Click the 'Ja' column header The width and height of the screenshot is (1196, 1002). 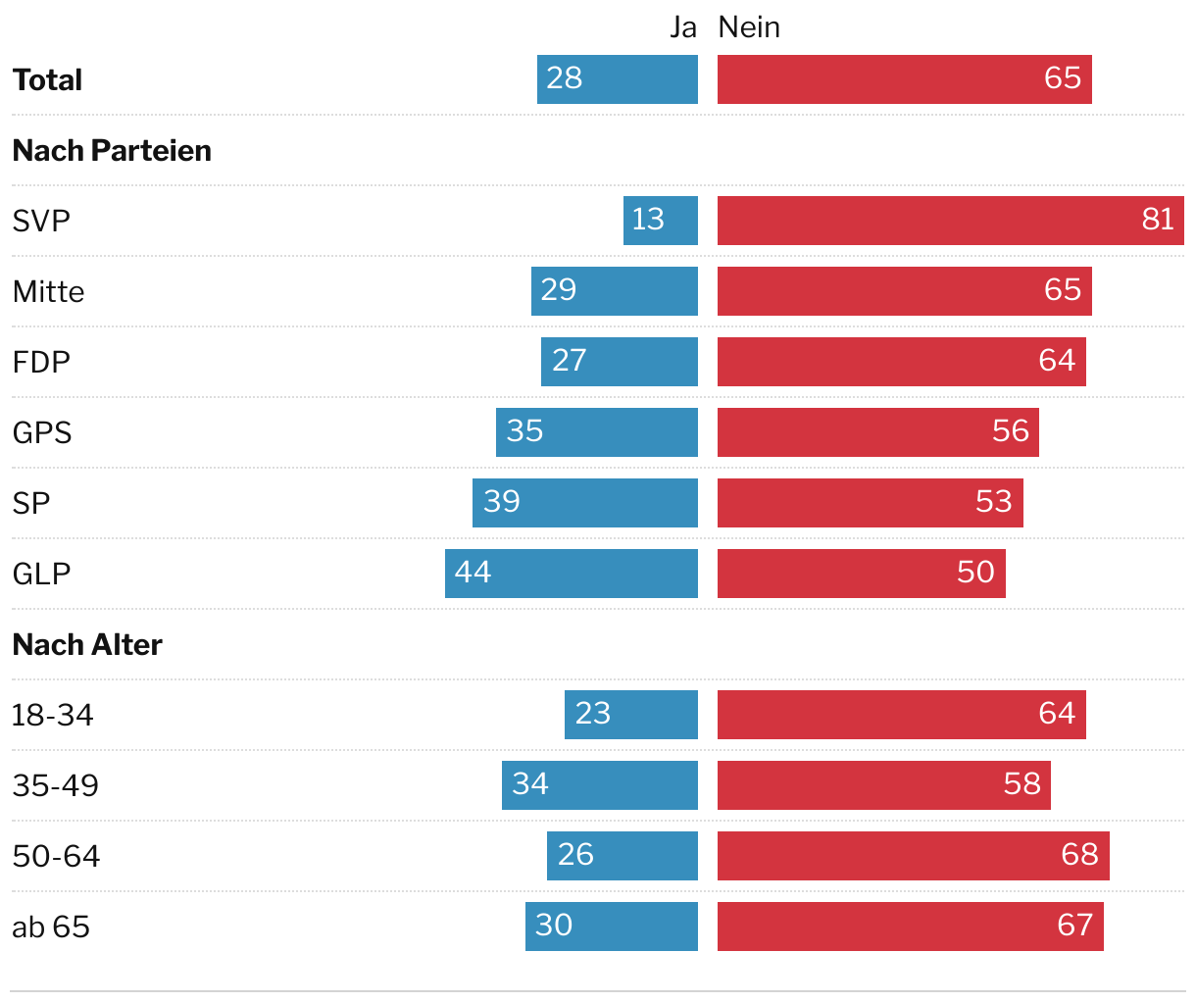click(x=682, y=27)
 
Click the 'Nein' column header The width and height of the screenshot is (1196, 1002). click(x=749, y=27)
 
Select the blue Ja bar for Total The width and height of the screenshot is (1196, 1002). click(x=618, y=79)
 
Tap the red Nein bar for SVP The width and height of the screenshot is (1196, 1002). click(x=950, y=221)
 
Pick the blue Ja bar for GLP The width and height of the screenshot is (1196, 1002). click(x=572, y=574)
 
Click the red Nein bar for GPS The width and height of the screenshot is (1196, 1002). click(x=877, y=432)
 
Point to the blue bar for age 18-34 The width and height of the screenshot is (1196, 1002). click(x=631, y=715)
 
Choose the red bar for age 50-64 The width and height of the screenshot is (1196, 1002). click(x=913, y=856)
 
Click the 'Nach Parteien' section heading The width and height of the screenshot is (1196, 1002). click(x=112, y=151)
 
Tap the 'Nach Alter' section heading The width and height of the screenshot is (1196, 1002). click(x=87, y=645)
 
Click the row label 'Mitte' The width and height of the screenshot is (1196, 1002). click(x=48, y=292)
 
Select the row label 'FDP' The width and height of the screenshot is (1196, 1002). click(x=41, y=363)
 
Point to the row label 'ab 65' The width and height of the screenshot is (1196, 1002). click(x=51, y=927)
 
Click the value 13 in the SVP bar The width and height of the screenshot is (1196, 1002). click(x=648, y=219)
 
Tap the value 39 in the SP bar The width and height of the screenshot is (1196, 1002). click(x=502, y=501)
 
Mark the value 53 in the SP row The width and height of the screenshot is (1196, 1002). click(x=993, y=501)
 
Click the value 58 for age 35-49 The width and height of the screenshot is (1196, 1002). click(x=1022, y=783)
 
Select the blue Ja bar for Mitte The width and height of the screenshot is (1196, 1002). click(x=615, y=291)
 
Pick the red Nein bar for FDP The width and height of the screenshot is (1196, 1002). click(x=901, y=362)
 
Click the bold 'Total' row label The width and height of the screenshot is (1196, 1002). click(x=47, y=80)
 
